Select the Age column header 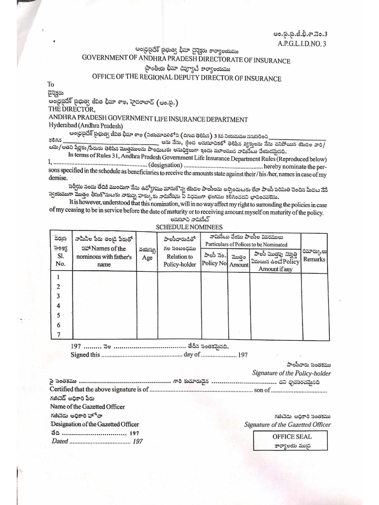coord(147,257)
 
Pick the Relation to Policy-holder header coord(179,260)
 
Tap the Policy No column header coord(214,264)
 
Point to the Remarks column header coord(314,259)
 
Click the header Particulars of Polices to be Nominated coord(246,244)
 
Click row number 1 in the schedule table coord(59,278)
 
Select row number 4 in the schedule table coord(59,306)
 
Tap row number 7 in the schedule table coord(59,334)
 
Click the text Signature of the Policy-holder coord(291,373)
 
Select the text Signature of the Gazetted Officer coord(287,425)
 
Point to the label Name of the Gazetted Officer coord(87,407)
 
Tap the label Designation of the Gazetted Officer coord(94,424)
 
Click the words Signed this coord(85,355)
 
